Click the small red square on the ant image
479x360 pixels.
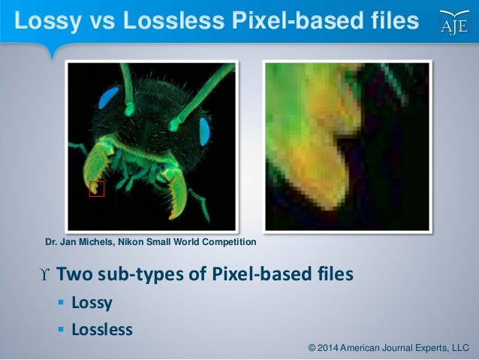96,189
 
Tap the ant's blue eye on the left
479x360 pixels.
110,95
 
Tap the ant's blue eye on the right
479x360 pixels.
204,132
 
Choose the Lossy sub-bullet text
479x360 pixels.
92,303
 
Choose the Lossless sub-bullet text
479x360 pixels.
101,329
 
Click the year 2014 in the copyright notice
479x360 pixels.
330,347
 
